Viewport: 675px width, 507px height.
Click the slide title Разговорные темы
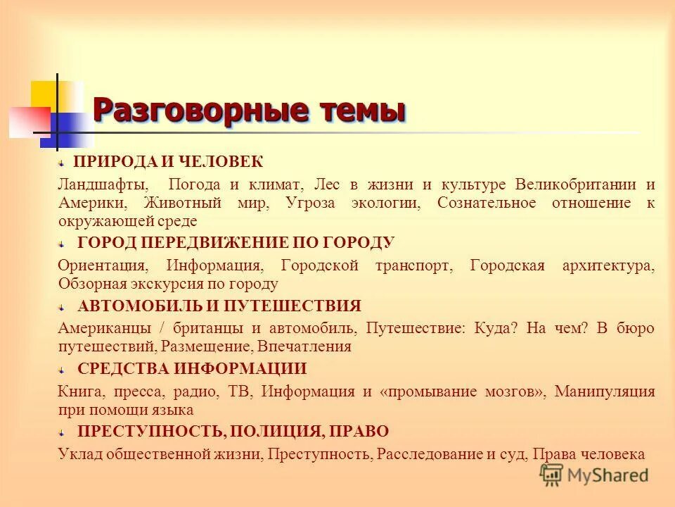249,111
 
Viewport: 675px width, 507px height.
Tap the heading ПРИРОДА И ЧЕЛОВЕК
169,163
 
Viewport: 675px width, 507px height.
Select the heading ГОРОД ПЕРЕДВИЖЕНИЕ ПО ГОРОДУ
236,243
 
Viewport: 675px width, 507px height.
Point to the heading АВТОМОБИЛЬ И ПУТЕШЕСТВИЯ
219,306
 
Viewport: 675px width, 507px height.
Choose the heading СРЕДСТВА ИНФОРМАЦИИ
192,368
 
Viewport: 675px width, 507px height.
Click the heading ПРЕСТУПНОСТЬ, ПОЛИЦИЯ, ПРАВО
233,431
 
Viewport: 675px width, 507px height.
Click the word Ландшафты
103,184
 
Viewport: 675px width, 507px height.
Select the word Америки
93,203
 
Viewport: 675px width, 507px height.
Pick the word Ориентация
103,265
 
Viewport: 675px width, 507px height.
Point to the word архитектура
608,265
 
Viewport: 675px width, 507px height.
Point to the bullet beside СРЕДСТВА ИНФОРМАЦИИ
62,369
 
